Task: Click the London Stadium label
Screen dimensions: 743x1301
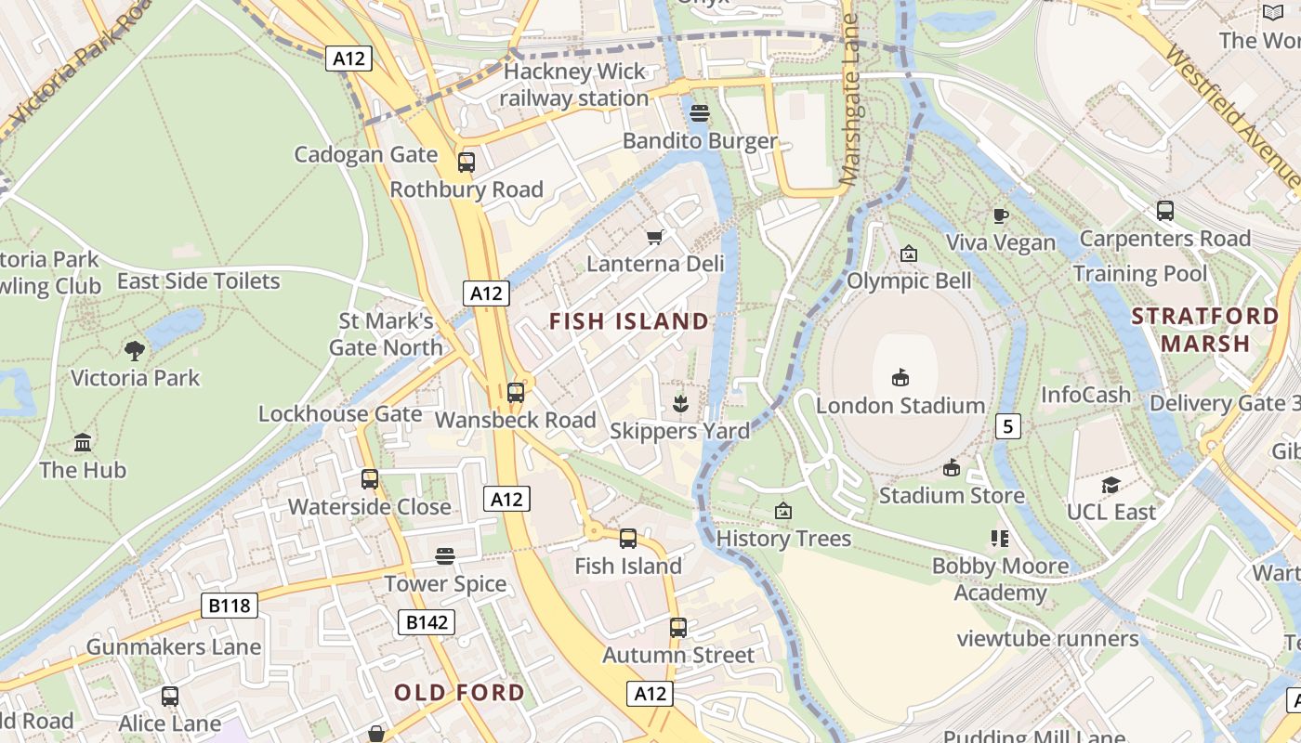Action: click(x=900, y=406)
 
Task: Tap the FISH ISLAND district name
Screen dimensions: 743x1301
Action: click(x=628, y=322)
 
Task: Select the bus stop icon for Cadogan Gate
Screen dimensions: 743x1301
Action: click(x=467, y=163)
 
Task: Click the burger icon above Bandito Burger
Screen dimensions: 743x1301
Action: click(x=700, y=113)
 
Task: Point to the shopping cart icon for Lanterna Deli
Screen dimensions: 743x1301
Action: click(x=655, y=237)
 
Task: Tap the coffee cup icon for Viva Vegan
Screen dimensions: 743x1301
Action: click(x=1001, y=215)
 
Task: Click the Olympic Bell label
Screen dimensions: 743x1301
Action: click(x=909, y=280)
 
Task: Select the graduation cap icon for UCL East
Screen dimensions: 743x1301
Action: click(x=1110, y=485)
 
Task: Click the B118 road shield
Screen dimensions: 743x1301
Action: click(x=230, y=606)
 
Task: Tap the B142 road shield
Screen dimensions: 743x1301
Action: click(x=427, y=622)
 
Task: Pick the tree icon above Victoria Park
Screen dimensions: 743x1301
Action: click(x=135, y=350)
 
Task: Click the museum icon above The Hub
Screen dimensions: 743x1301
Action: click(x=83, y=442)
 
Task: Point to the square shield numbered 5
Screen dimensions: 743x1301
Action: click(x=1008, y=426)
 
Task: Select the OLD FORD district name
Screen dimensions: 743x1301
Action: click(x=459, y=693)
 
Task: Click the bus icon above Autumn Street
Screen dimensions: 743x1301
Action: click(x=678, y=628)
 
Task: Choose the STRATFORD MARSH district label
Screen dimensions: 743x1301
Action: click(x=1204, y=330)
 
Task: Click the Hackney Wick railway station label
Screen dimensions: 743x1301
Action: click(x=573, y=85)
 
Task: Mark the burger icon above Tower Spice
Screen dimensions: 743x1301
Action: click(x=446, y=556)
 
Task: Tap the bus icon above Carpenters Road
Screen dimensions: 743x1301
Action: click(x=1165, y=211)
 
